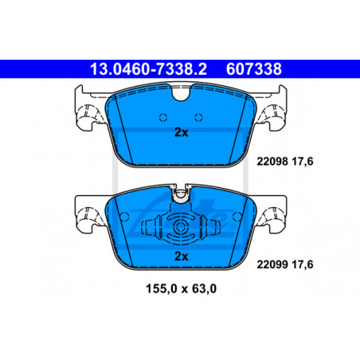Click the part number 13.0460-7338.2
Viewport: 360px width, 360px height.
pos(148,69)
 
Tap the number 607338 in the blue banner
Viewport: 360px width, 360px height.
pos(254,69)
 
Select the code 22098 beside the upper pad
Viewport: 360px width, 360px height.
pos(272,162)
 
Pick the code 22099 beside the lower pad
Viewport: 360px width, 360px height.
pos(272,264)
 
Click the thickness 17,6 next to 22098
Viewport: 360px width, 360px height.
pos(303,162)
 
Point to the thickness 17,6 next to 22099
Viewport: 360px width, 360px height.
pos(303,264)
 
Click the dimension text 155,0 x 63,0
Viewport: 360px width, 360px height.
pos(181,289)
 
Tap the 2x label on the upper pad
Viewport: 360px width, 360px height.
pos(181,132)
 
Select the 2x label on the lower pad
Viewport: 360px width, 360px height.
pos(181,256)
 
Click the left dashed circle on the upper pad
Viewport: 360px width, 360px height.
pos(163,117)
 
